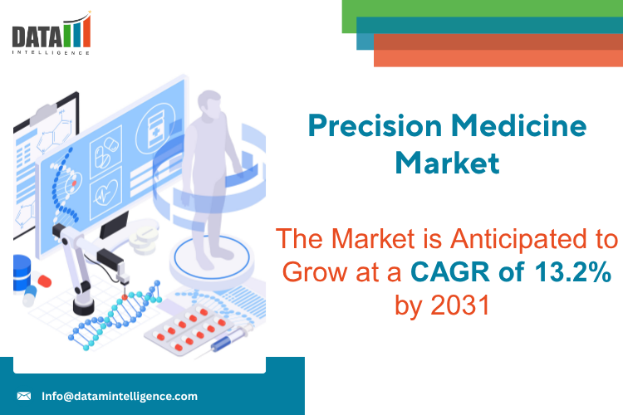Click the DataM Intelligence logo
(x=52, y=34)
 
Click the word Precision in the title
(x=375, y=126)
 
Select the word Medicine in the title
(x=519, y=125)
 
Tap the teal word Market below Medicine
(x=448, y=164)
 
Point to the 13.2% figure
(x=572, y=271)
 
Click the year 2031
(x=460, y=305)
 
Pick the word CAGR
(x=450, y=272)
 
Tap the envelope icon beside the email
(x=24, y=396)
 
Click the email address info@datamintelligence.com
(x=120, y=397)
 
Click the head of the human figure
(x=209, y=104)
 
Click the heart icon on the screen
(x=105, y=194)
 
